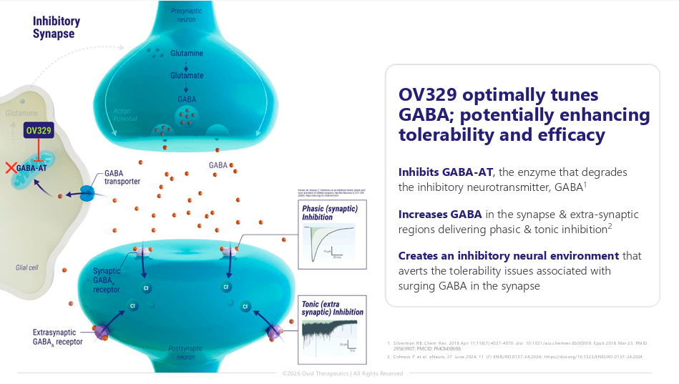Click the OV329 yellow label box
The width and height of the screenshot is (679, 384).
point(39,132)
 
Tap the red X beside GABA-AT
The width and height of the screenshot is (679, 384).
point(10,167)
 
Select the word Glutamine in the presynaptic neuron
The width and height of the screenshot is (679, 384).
point(187,54)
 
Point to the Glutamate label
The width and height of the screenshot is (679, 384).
point(187,76)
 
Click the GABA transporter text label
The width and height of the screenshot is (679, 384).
point(122,177)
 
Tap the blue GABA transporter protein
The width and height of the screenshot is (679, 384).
point(87,193)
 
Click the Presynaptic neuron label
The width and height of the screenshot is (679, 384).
point(187,16)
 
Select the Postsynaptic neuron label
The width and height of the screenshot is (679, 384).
point(188,352)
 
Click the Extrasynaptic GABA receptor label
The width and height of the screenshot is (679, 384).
point(57,337)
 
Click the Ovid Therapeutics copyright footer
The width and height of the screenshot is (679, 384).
point(342,373)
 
